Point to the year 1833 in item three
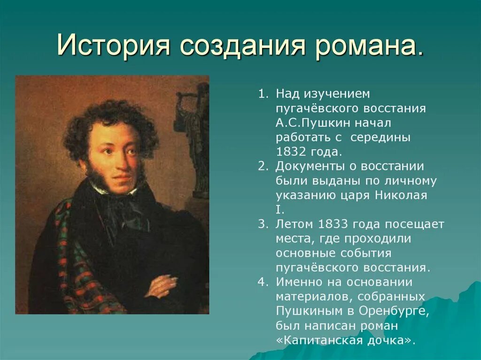coord(333,224)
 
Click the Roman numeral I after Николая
coord(278,210)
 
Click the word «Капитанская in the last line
coord(321,340)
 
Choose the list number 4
coord(262,282)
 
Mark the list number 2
coord(262,167)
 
